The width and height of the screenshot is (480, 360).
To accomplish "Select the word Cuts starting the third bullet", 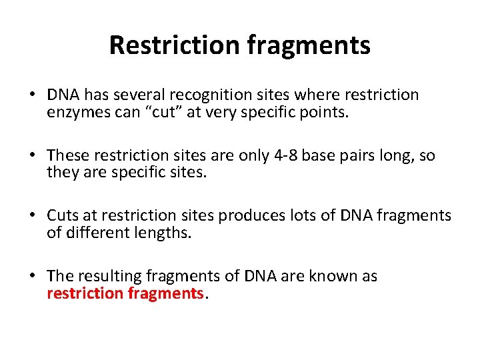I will [62, 216].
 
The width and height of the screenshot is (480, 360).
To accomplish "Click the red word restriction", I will [85, 293].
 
